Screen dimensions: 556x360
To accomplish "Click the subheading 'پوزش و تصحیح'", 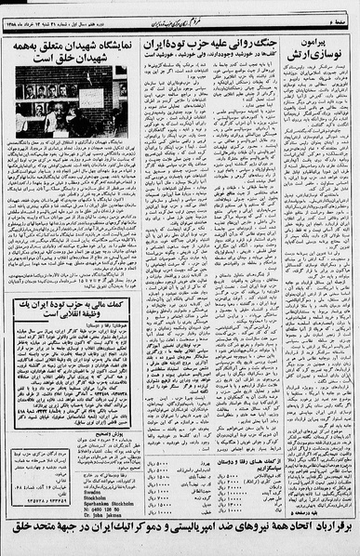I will click(97, 428).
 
